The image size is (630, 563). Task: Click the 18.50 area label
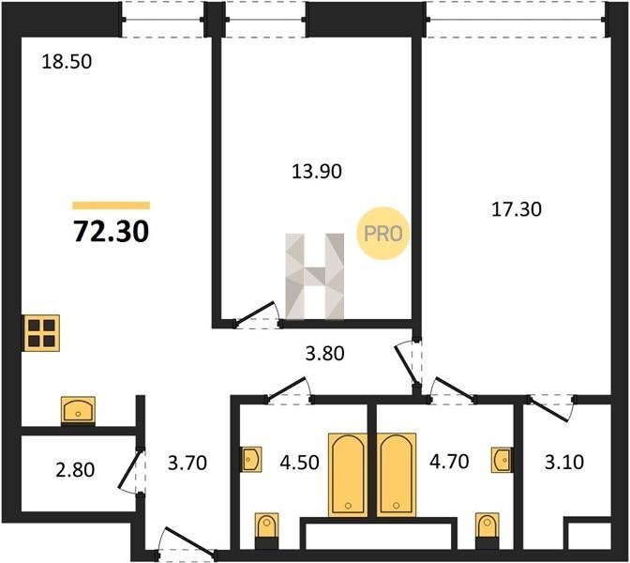pos(67,62)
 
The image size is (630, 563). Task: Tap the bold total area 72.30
pos(112,233)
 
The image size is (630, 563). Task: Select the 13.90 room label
pos(317,172)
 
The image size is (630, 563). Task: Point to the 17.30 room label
pos(517,209)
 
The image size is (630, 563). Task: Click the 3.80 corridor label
pos(324,354)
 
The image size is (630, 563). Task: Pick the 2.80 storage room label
pos(75,470)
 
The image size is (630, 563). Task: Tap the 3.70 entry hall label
pos(187,463)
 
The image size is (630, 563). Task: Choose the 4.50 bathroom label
pos(299,463)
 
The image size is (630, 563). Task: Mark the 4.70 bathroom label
pos(449,462)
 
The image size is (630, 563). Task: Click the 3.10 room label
pos(564,462)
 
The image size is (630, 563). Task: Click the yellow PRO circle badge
pos(382,234)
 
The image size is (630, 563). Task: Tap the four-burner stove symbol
pos(41,332)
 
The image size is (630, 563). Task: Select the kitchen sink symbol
pos(78,410)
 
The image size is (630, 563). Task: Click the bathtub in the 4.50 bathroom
pos(348,475)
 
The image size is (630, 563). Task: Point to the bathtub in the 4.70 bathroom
pos(397,475)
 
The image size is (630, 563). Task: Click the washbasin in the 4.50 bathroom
pos(251,459)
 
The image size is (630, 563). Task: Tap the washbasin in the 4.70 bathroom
pos(502,459)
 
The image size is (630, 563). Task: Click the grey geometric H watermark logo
pos(315,276)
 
